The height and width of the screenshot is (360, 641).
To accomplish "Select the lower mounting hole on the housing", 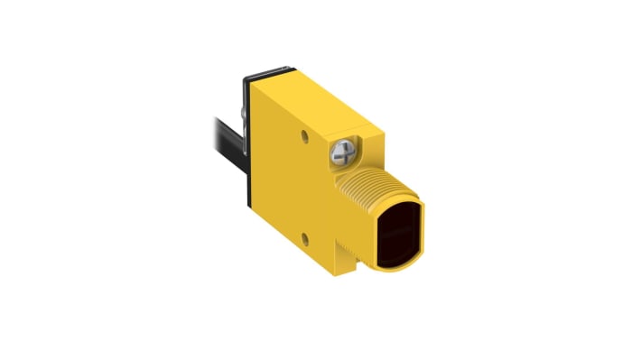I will coord(305,238).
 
